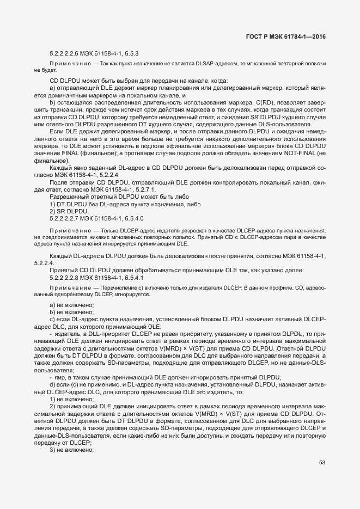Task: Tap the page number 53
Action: pos(322,477)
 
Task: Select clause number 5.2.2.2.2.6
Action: pos(69,53)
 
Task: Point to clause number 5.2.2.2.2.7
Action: pos(69,218)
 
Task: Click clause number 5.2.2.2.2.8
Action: pos(69,277)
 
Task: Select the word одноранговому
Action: pos(68,294)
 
